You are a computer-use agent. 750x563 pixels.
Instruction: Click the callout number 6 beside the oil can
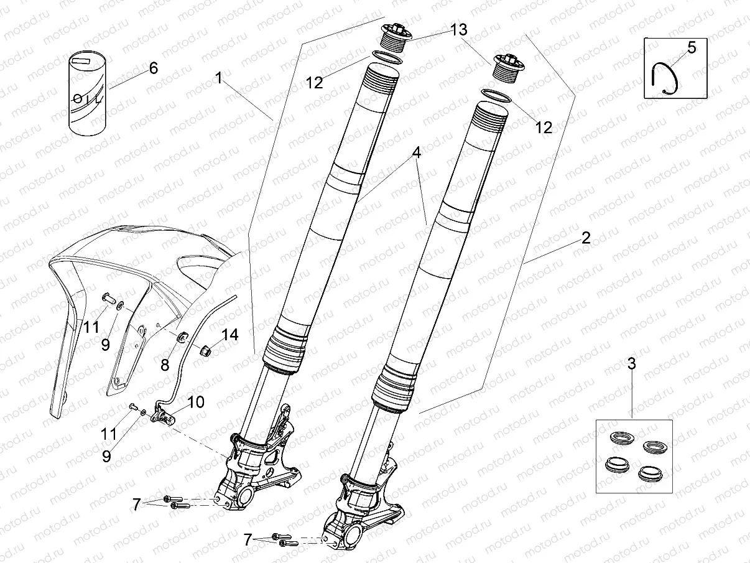tap(153, 68)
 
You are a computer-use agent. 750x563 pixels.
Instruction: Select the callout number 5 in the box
tap(692, 46)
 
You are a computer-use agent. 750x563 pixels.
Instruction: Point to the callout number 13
tap(459, 29)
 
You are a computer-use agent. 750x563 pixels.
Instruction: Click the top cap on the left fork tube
tap(393, 35)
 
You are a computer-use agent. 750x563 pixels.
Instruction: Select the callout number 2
tap(585, 237)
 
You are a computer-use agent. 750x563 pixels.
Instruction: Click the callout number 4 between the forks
tap(415, 153)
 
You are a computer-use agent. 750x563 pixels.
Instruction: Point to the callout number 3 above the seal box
tap(632, 364)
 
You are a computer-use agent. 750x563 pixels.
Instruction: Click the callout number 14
tap(230, 335)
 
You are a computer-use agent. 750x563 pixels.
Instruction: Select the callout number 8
tap(165, 365)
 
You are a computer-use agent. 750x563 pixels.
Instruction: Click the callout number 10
tap(195, 402)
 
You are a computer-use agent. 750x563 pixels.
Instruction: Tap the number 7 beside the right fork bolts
tap(248, 540)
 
